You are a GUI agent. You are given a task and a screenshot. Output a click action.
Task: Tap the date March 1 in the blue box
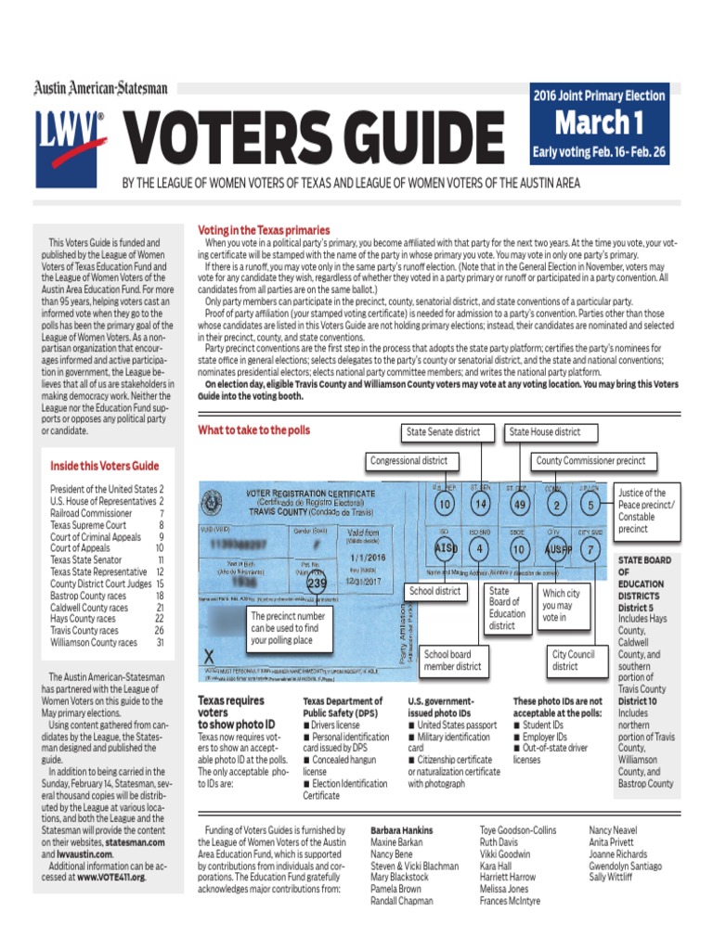click(599, 122)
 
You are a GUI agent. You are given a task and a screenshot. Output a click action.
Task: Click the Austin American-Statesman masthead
click(101, 88)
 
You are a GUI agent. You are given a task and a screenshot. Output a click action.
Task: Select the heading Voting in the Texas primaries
click(264, 230)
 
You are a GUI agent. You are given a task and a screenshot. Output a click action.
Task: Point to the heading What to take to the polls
click(253, 430)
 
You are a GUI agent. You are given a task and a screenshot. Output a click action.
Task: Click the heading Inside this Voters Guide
click(104, 466)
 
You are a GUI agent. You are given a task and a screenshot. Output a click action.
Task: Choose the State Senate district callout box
click(443, 431)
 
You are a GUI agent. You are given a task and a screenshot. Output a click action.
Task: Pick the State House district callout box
click(544, 431)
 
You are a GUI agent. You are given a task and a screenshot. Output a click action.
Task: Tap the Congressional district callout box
click(408, 460)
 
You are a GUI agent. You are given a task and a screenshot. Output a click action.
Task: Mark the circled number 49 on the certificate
click(519, 504)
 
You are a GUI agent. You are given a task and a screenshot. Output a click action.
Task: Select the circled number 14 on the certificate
click(479, 504)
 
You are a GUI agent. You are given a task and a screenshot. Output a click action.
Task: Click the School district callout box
click(434, 591)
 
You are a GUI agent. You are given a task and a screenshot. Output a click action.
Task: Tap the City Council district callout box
click(573, 660)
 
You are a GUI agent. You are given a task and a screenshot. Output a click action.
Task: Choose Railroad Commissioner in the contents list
click(92, 512)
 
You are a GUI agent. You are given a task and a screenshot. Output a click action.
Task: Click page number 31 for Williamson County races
click(160, 642)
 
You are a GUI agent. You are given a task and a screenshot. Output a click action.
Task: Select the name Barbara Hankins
click(401, 830)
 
